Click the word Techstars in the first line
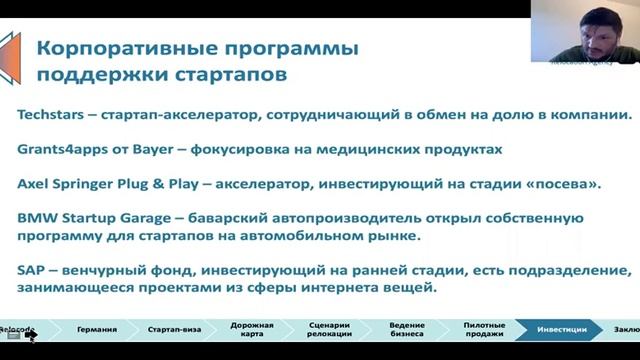pyautogui.click(x=51, y=117)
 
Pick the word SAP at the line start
pyautogui.click(x=32, y=270)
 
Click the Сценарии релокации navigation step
pyautogui.click(x=320, y=329)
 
